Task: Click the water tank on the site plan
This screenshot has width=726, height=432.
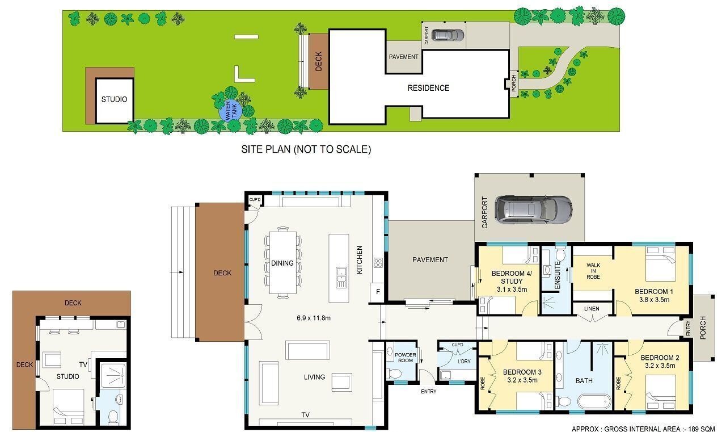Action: (x=230, y=111)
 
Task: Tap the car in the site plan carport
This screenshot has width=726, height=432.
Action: (x=448, y=35)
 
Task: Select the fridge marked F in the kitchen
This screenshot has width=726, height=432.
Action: (x=378, y=292)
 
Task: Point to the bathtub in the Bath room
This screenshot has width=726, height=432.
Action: (x=594, y=401)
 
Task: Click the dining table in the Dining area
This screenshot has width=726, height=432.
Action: (x=283, y=262)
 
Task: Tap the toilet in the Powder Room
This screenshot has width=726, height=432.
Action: (x=394, y=374)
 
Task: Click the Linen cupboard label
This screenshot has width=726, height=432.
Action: (x=592, y=309)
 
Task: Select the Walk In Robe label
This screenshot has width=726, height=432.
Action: (x=593, y=271)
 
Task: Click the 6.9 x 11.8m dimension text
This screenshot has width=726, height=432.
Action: (x=314, y=318)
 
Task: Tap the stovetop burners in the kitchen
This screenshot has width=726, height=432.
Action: (x=378, y=262)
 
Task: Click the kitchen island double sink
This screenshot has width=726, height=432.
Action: (x=341, y=278)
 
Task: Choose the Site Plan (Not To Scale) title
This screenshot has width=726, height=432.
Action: (x=306, y=149)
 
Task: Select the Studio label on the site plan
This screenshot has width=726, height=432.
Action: (x=114, y=99)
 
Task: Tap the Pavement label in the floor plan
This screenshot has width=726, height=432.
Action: (x=430, y=260)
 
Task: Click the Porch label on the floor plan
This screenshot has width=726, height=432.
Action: (x=703, y=328)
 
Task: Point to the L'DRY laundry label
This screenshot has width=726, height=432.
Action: (x=464, y=361)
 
